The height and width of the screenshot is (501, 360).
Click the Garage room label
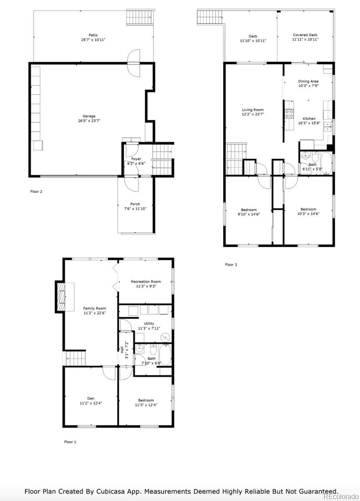coord(89,116)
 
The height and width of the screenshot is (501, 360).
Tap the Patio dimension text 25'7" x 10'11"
coord(93,40)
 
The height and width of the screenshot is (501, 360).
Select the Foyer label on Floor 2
coord(136,159)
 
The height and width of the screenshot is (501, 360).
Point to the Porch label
coord(135,204)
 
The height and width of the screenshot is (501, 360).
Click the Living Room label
coord(253,110)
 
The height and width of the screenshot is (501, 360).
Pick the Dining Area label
coord(308,81)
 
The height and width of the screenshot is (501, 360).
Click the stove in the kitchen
coord(289,114)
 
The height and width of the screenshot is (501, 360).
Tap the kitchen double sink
coord(327,126)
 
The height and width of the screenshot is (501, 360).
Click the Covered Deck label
coord(305,35)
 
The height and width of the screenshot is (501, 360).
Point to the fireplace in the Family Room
coord(60,297)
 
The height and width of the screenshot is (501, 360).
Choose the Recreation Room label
coord(146,281)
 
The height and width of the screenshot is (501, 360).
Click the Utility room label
coord(149,324)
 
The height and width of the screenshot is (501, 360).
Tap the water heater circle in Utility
coord(165,337)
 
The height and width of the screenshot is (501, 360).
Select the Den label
coord(91,398)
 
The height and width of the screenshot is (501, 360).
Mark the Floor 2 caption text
coord(36,192)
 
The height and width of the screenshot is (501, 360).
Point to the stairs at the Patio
coord(141,17)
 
